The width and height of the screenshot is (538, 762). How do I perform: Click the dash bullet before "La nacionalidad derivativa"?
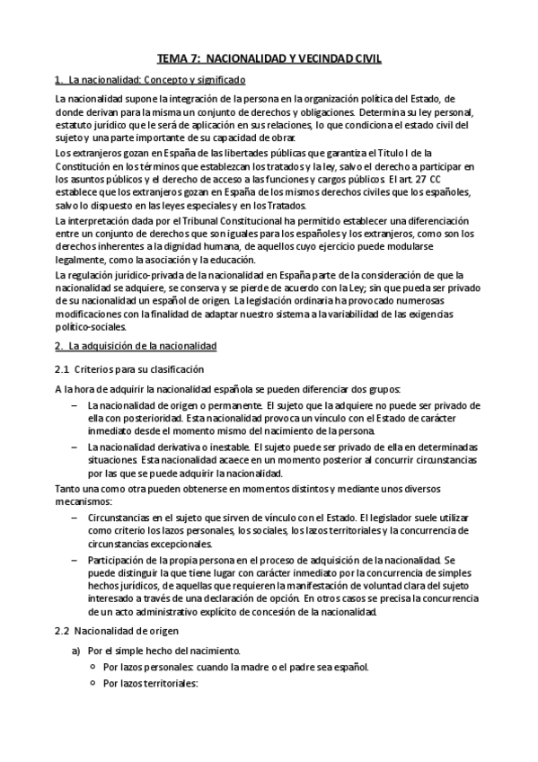click(x=74, y=447)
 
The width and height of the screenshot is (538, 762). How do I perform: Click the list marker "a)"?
click(x=78, y=651)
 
